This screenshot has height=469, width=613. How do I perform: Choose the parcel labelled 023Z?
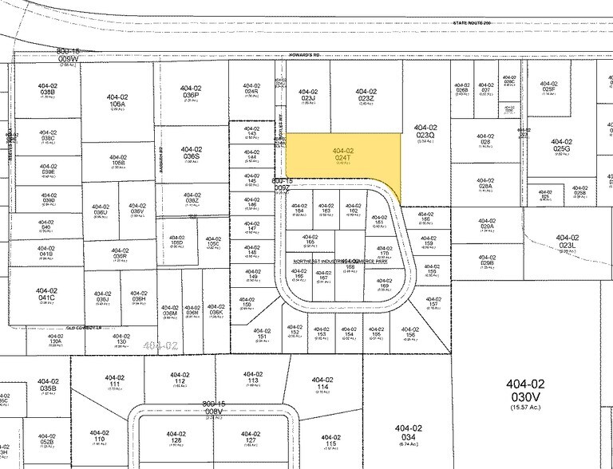pyautogui.click(x=366, y=96)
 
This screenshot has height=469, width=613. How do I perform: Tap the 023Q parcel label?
pyautogui.click(x=425, y=132)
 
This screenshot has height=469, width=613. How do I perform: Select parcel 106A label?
pyautogui.click(x=117, y=101)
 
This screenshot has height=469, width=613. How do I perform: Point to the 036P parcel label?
pyautogui.click(x=190, y=93)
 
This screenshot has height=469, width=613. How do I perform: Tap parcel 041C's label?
pyautogui.click(x=47, y=295)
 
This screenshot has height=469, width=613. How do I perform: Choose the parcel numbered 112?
pyautogui.click(x=180, y=378)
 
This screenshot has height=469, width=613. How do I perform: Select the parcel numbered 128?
pyautogui.click(x=176, y=438)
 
